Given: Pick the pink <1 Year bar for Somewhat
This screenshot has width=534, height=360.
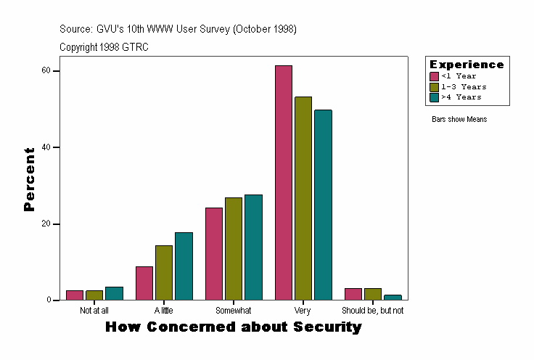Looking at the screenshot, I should [x=214, y=254].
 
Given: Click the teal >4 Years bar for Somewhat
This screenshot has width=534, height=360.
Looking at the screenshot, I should [x=253, y=247].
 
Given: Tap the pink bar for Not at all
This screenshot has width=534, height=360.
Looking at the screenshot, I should [x=75, y=295].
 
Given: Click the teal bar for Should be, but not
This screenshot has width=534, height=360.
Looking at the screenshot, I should [x=393, y=298].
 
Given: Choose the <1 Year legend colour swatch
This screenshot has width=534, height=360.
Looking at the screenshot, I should [x=434, y=76].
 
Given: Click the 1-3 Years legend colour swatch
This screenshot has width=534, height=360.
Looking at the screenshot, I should [x=434, y=86].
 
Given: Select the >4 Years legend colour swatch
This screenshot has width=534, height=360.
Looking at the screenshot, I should [x=434, y=97].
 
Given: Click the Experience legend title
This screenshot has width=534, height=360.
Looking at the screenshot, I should [x=467, y=65].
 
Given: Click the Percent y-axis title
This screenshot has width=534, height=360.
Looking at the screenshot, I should [x=29, y=179].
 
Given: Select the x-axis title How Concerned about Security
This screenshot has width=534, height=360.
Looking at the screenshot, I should [x=234, y=327].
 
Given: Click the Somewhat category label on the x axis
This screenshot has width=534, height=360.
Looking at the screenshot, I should [x=234, y=311].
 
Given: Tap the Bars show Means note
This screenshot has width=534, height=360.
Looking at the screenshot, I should [x=459, y=120].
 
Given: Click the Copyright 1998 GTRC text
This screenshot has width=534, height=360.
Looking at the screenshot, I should [x=104, y=47].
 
